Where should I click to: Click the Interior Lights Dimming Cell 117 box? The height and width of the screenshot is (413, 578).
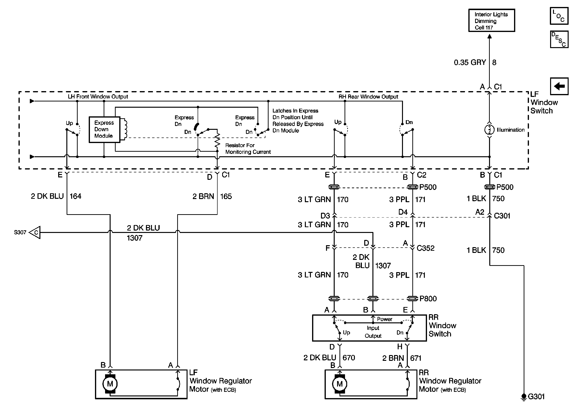[x=491, y=21]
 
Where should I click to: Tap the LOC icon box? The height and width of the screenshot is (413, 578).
[x=559, y=16]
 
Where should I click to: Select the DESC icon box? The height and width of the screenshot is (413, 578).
[x=559, y=39]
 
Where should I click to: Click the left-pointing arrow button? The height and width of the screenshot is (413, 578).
[x=559, y=86]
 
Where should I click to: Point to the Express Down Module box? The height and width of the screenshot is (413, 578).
[x=104, y=129]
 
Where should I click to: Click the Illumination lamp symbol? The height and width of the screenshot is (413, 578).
[x=489, y=130]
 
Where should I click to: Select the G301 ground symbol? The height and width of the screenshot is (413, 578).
[x=524, y=397]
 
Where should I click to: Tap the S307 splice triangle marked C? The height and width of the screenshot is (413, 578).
[x=35, y=232]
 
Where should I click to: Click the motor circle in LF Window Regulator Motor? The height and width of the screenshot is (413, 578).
[x=110, y=384]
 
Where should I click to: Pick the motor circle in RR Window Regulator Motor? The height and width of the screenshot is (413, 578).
[x=339, y=384]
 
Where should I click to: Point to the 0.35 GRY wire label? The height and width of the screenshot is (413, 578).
[x=470, y=63]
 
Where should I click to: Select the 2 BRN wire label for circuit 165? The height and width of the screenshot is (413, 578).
[x=203, y=197]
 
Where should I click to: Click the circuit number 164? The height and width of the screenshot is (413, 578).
[x=75, y=196]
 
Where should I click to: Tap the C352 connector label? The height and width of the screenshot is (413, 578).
[x=425, y=248]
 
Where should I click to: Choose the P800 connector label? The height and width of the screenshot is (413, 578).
[x=428, y=299]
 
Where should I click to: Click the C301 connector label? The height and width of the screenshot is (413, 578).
[x=502, y=216]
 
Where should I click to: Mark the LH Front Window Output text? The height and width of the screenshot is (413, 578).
[x=98, y=97]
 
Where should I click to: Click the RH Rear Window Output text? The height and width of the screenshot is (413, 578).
[x=368, y=97]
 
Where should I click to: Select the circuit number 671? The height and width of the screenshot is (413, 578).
[x=416, y=358]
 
